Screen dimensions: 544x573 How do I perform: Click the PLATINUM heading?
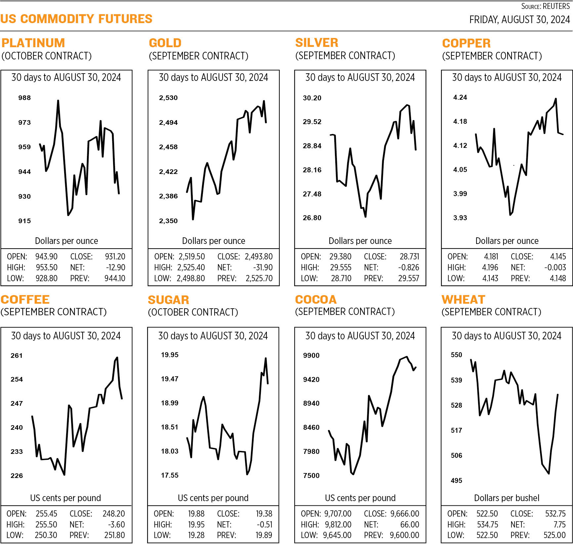click(33, 43)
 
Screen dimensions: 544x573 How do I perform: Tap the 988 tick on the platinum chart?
click(24, 98)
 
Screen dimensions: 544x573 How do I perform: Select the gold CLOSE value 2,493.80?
click(259, 256)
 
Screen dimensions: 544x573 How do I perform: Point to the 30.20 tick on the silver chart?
click(312, 98)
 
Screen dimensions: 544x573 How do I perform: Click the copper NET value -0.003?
click(555, 267)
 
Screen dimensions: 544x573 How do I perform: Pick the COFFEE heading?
click(25, 299)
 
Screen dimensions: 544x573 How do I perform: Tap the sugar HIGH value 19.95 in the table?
click(196, 525)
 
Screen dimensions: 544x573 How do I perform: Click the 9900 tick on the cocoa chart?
click(311, 356)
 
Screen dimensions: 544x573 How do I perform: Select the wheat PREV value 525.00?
click(554, 535)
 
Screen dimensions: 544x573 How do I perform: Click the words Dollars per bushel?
click(507, 498)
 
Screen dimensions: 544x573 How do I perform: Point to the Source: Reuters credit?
click(545, 6)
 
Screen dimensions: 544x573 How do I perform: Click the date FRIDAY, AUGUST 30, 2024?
click(519, 20)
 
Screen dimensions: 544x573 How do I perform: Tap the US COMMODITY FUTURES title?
click(76, 19)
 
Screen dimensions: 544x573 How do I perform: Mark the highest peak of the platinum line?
click(58, 100)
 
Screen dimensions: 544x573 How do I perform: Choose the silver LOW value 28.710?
click(341, 278)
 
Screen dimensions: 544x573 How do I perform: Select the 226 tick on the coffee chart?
click(17, 476)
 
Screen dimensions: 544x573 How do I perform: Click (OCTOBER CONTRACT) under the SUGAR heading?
click(193, 312)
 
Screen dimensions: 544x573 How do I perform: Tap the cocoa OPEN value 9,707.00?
click(338, 514)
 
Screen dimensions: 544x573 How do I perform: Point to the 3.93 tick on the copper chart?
click(460, 218)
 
